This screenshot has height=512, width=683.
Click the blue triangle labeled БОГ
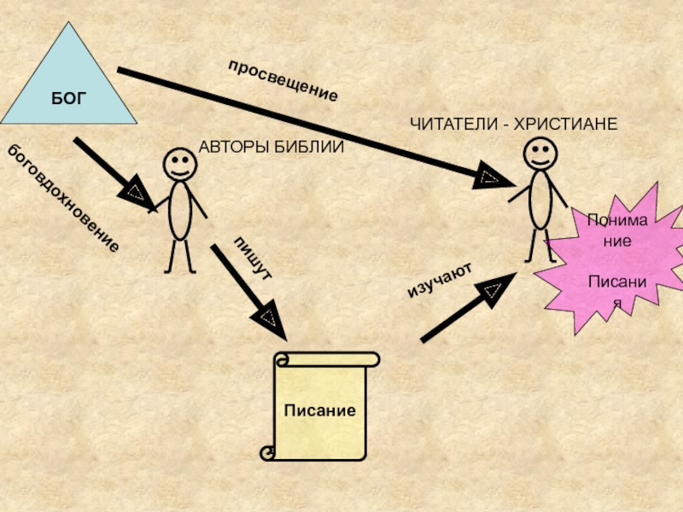coord(68,85)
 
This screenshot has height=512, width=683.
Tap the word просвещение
coord(283,82)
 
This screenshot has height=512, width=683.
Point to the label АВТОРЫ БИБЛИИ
coord(271,147)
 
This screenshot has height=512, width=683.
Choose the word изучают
coord(440,282)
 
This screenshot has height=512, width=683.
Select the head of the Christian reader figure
coord(540,154)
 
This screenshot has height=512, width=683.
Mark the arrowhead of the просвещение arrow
coord(490,177)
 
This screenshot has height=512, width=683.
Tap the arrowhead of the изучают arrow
coord(493,291)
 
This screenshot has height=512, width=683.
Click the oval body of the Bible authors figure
coord(179,209)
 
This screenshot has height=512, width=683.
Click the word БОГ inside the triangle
coord(68,97)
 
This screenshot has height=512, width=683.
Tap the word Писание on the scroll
coord(320,410)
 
